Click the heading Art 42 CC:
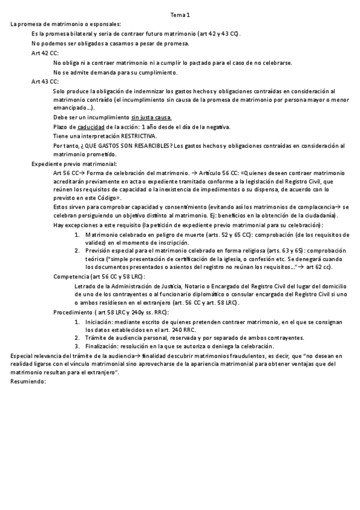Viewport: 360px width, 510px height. [45, 54]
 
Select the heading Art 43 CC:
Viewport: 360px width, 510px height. [45, 81]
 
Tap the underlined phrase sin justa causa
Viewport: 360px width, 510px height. [151, 117]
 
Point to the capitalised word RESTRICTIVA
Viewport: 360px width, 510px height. [139, 136]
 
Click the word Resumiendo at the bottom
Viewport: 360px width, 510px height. [28, 382]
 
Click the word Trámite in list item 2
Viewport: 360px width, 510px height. [97, 337]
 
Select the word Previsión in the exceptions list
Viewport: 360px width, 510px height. [99, 250]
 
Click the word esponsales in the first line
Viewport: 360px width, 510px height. [105, 23]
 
